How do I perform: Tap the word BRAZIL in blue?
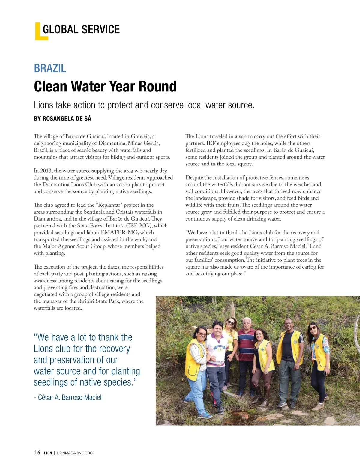coord(50,68)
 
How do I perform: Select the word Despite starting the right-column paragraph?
coord(195,178)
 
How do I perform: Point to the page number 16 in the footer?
coord(37,453)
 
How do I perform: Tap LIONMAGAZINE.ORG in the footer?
coord(75,453)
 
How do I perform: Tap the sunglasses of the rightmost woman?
coord(312,328)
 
